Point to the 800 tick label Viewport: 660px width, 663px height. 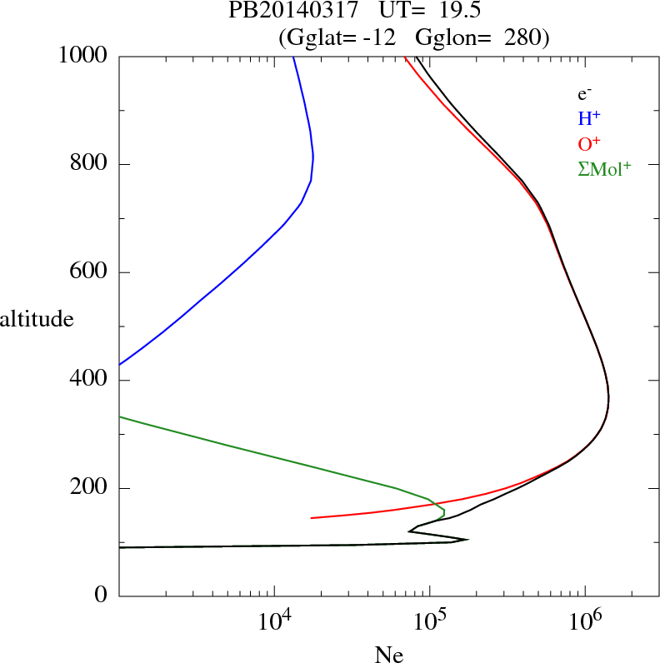point(90,164)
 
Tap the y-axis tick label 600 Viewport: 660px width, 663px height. point(90,272)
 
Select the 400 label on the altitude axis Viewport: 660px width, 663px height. point(90,381)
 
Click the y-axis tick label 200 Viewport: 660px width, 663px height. point(90,488)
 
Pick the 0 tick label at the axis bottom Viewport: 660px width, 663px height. point(102,596)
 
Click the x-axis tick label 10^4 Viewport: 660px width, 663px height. point(274,620)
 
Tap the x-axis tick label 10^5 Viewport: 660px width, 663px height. point(429,620)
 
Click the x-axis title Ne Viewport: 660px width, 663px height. point(388,655)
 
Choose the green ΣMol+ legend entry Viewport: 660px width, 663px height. point(604,168)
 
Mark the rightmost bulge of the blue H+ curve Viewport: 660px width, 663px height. point(312,157)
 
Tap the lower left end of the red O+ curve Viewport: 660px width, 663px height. point(312,518)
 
